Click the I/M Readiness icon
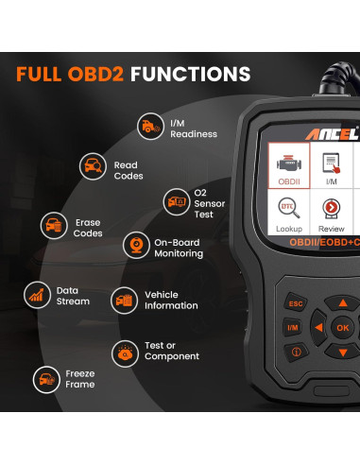[150, 126]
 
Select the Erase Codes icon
[54, 225]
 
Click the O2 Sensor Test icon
[176, 200]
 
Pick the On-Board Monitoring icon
[137, 246]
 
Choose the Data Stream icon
[38, 294]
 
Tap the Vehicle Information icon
[124, 300]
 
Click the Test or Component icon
[150, 353]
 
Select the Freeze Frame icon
[44, 380]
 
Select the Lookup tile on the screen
[289, 215]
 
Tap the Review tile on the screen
[331, 215]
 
